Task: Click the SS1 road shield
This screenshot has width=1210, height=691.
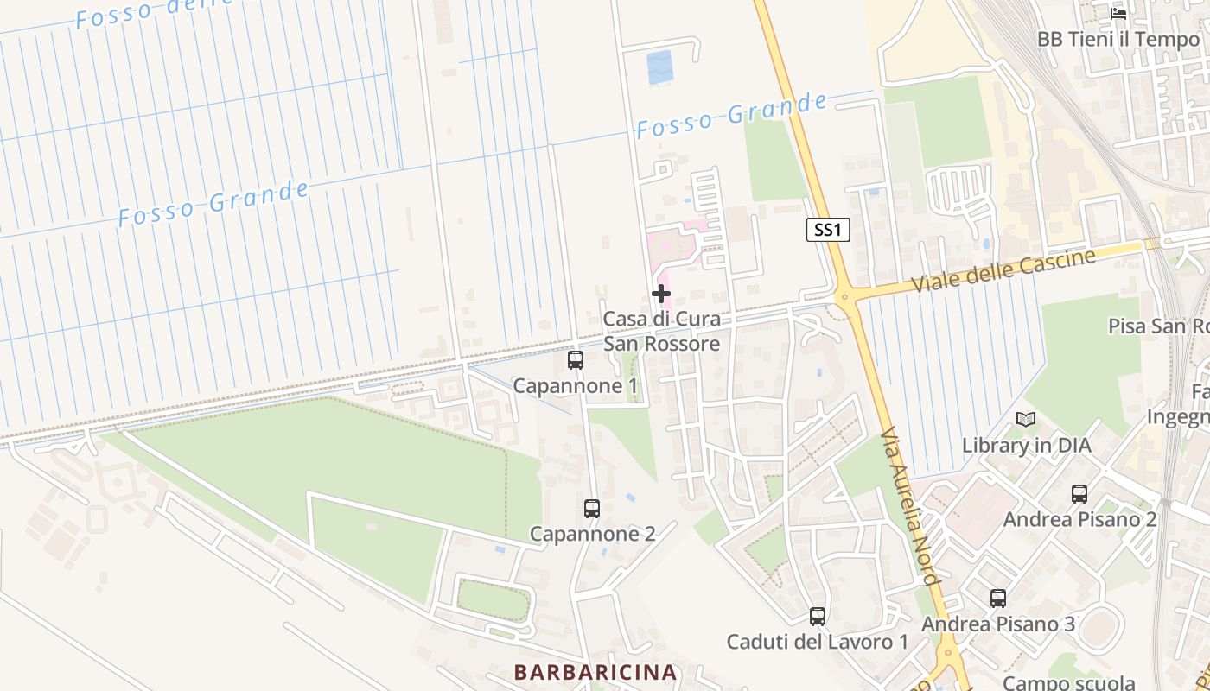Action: click(x=828, y=230)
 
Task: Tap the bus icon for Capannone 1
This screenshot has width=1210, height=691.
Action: click(x=576, y=360)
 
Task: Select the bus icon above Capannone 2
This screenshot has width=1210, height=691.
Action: click(x=591, y=509)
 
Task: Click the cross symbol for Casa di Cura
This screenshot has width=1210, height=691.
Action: click(x=661, y=294)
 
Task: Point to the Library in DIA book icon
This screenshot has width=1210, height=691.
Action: click(x=1026, y=420)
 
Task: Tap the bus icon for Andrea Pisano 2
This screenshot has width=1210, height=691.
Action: click(x=1079, y=494)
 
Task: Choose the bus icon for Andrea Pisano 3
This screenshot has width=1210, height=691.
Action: click(x=998, y=598)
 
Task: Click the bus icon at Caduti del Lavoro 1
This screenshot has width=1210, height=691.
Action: click(x=818, y=617)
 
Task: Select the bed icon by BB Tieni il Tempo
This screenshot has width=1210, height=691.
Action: click(x=1118, y=13)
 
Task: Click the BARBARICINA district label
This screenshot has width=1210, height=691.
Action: click(x=595, y=672)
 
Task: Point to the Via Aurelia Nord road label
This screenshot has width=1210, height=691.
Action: click(x=909, y=504)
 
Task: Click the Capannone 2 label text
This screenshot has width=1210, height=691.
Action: click(x=592, y=534)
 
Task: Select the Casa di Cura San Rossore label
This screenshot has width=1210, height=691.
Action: click(x=661, y=331)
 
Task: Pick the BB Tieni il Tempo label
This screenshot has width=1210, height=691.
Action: click(x=1118, y=39)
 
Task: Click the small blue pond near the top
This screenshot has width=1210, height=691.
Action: click(x=659, y=67)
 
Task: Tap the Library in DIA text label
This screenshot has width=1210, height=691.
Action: click(x=1026, y=446)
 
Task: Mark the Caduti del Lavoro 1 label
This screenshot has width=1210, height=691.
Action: click(x=818, y=642)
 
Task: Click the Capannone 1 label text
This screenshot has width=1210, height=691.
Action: click(x=576, y=385)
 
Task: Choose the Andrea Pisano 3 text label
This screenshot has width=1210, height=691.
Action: click(x=998, y=624)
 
